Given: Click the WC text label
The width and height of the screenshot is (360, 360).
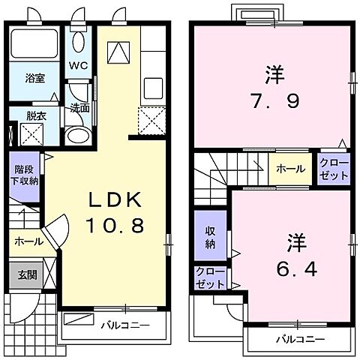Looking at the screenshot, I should point(79,64).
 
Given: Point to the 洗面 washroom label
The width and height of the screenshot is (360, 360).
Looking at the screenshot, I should point(80,108).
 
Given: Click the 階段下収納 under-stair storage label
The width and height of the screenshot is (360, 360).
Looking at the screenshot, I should point(24,176).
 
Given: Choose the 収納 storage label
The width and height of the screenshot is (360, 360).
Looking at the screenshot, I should point(209,238).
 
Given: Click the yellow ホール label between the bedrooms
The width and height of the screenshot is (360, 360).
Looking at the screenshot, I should point(289,169).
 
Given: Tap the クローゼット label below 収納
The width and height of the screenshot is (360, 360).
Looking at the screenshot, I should point(209,278).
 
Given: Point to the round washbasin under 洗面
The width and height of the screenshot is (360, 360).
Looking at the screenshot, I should point(76,136).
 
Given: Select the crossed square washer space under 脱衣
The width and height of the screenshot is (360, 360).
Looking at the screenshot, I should point(31,136).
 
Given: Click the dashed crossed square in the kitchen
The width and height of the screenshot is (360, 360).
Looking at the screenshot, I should point(151,118).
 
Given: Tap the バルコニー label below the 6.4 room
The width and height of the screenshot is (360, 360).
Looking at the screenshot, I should point(298,339).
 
